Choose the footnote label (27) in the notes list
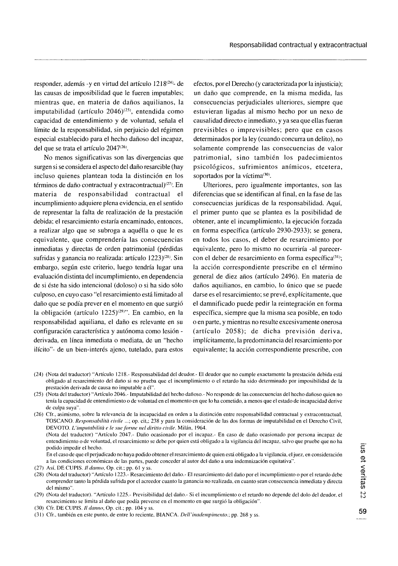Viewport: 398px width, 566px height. click(x=39, y=468)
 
